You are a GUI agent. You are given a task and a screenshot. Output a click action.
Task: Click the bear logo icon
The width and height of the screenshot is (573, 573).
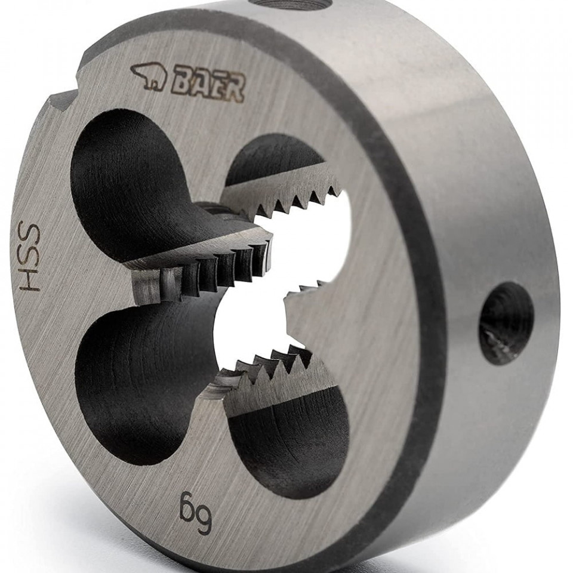tap(149, 76)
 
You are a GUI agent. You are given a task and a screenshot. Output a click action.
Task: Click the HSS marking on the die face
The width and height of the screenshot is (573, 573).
tap(29, 257)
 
